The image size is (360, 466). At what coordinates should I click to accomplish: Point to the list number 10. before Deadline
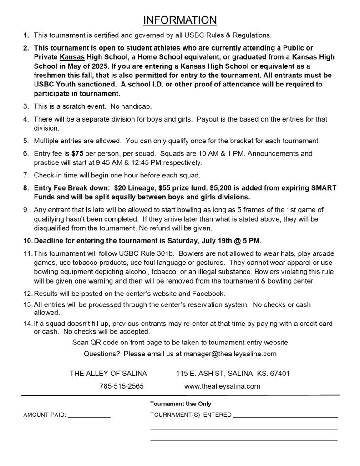(x=27, y=240)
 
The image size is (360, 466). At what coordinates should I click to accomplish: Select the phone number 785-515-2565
(x=122, y=386)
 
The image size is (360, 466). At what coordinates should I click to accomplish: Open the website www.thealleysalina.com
(x=222, y=386)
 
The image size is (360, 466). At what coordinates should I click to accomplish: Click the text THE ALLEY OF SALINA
(x=108, y=374)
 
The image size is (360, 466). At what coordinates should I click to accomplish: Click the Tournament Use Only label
(x=181, y=404)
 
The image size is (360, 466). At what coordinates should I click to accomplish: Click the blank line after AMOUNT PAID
(x=89, y=415)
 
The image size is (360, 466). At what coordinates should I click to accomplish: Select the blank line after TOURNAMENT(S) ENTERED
(x=285, y=415)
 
